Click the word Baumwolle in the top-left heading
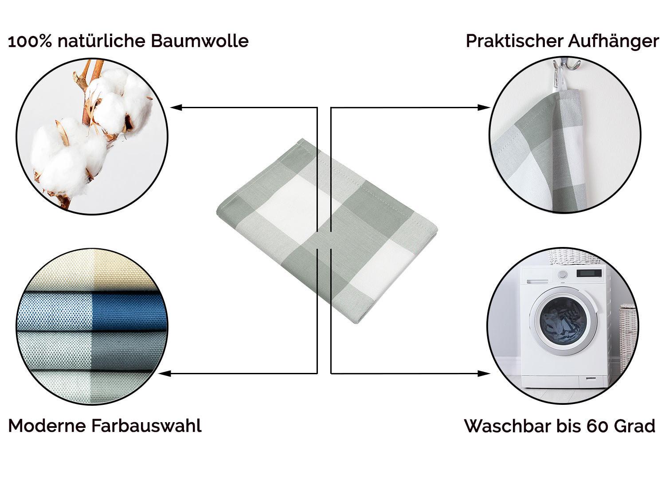[199, 41]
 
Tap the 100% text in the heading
[30, 41]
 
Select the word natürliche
[101, 41]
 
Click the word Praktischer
[514, 41]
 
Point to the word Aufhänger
[613, 42]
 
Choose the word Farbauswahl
[146, 426]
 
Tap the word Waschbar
[508, 426]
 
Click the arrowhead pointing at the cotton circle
[176, 107]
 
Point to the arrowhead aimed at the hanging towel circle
[484, 107]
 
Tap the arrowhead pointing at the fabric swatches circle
[165, 373]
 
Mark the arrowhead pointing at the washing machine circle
[484, 373]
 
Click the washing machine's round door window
[563, 321]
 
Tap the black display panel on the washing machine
[589, 273]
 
